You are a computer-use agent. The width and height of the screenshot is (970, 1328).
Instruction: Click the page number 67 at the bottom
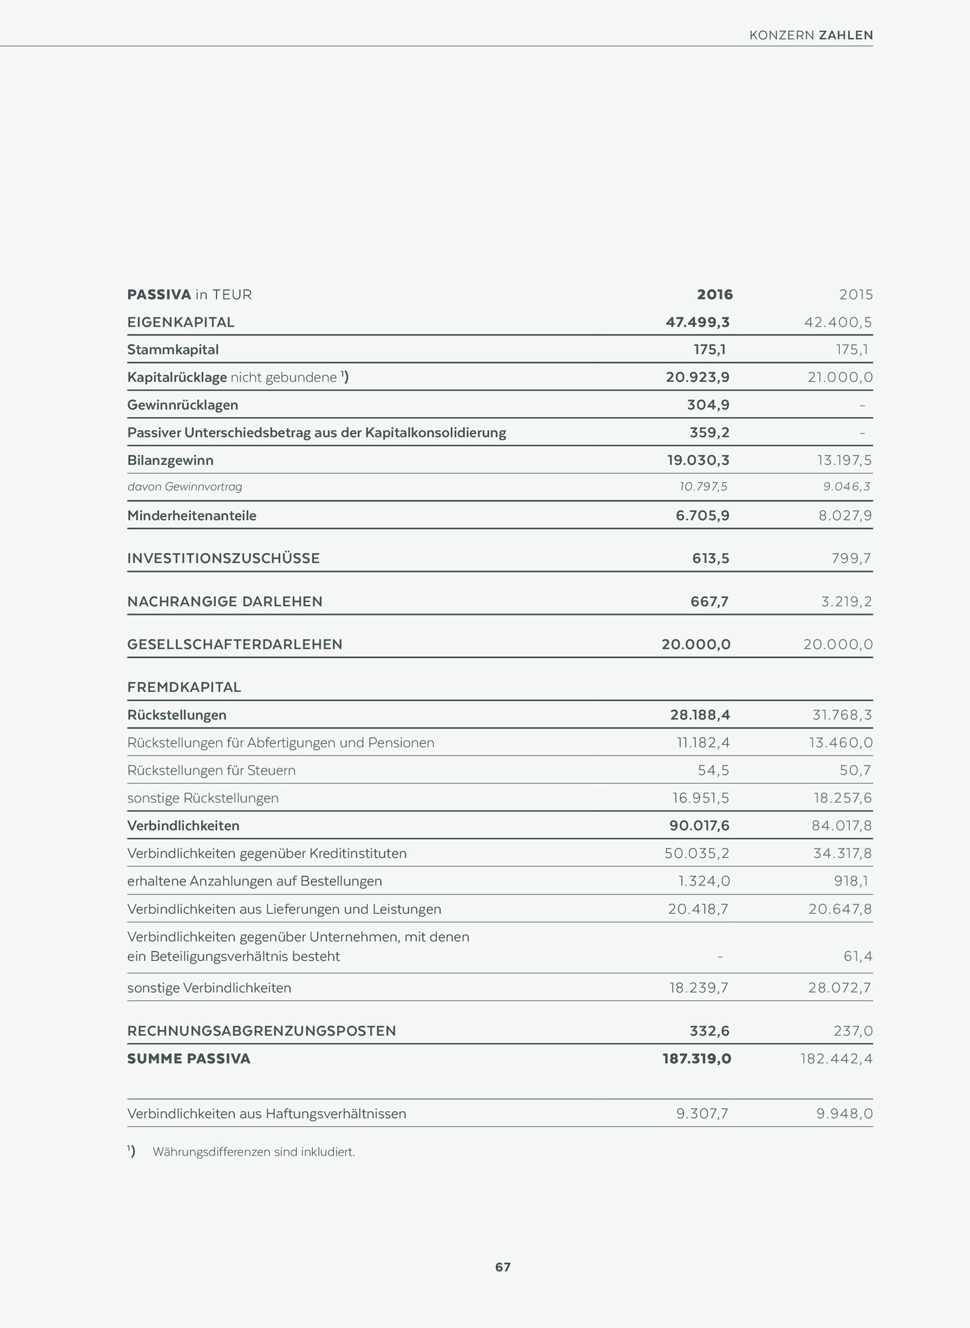tap(503, 1267)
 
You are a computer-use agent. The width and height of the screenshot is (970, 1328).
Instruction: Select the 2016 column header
tap(714, 294)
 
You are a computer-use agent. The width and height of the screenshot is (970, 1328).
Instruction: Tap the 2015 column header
tap(855, 294)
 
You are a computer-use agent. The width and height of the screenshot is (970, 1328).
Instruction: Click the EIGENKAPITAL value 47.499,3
tap(697, 322)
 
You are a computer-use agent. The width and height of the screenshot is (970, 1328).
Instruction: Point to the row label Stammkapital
tap(173, 349)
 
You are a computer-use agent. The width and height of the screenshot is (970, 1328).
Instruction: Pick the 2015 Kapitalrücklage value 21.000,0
tap(839, 377)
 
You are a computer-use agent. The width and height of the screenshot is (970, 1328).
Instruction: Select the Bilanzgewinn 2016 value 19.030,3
tap(698, 460)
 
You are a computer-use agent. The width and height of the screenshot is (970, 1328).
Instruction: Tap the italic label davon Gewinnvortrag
tap(185, 487)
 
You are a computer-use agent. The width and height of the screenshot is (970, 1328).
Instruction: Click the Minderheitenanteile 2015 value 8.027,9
tap(845, 515)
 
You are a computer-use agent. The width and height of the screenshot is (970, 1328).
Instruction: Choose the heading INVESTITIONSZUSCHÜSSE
tap(223, 558)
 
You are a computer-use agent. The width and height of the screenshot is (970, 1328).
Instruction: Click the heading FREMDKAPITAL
tap(184, 687)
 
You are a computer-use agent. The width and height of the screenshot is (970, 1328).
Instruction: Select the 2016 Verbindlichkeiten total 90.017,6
tap(699, 825)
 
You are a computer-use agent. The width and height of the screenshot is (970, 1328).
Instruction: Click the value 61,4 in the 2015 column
tap(857, 956)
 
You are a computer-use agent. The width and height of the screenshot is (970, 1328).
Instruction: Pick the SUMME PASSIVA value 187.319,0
tap(696, 1058)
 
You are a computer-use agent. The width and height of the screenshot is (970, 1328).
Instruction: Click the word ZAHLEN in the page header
tap(846, 35)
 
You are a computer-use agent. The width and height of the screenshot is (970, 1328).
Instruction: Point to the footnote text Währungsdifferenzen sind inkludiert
tap(254, 1152)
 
